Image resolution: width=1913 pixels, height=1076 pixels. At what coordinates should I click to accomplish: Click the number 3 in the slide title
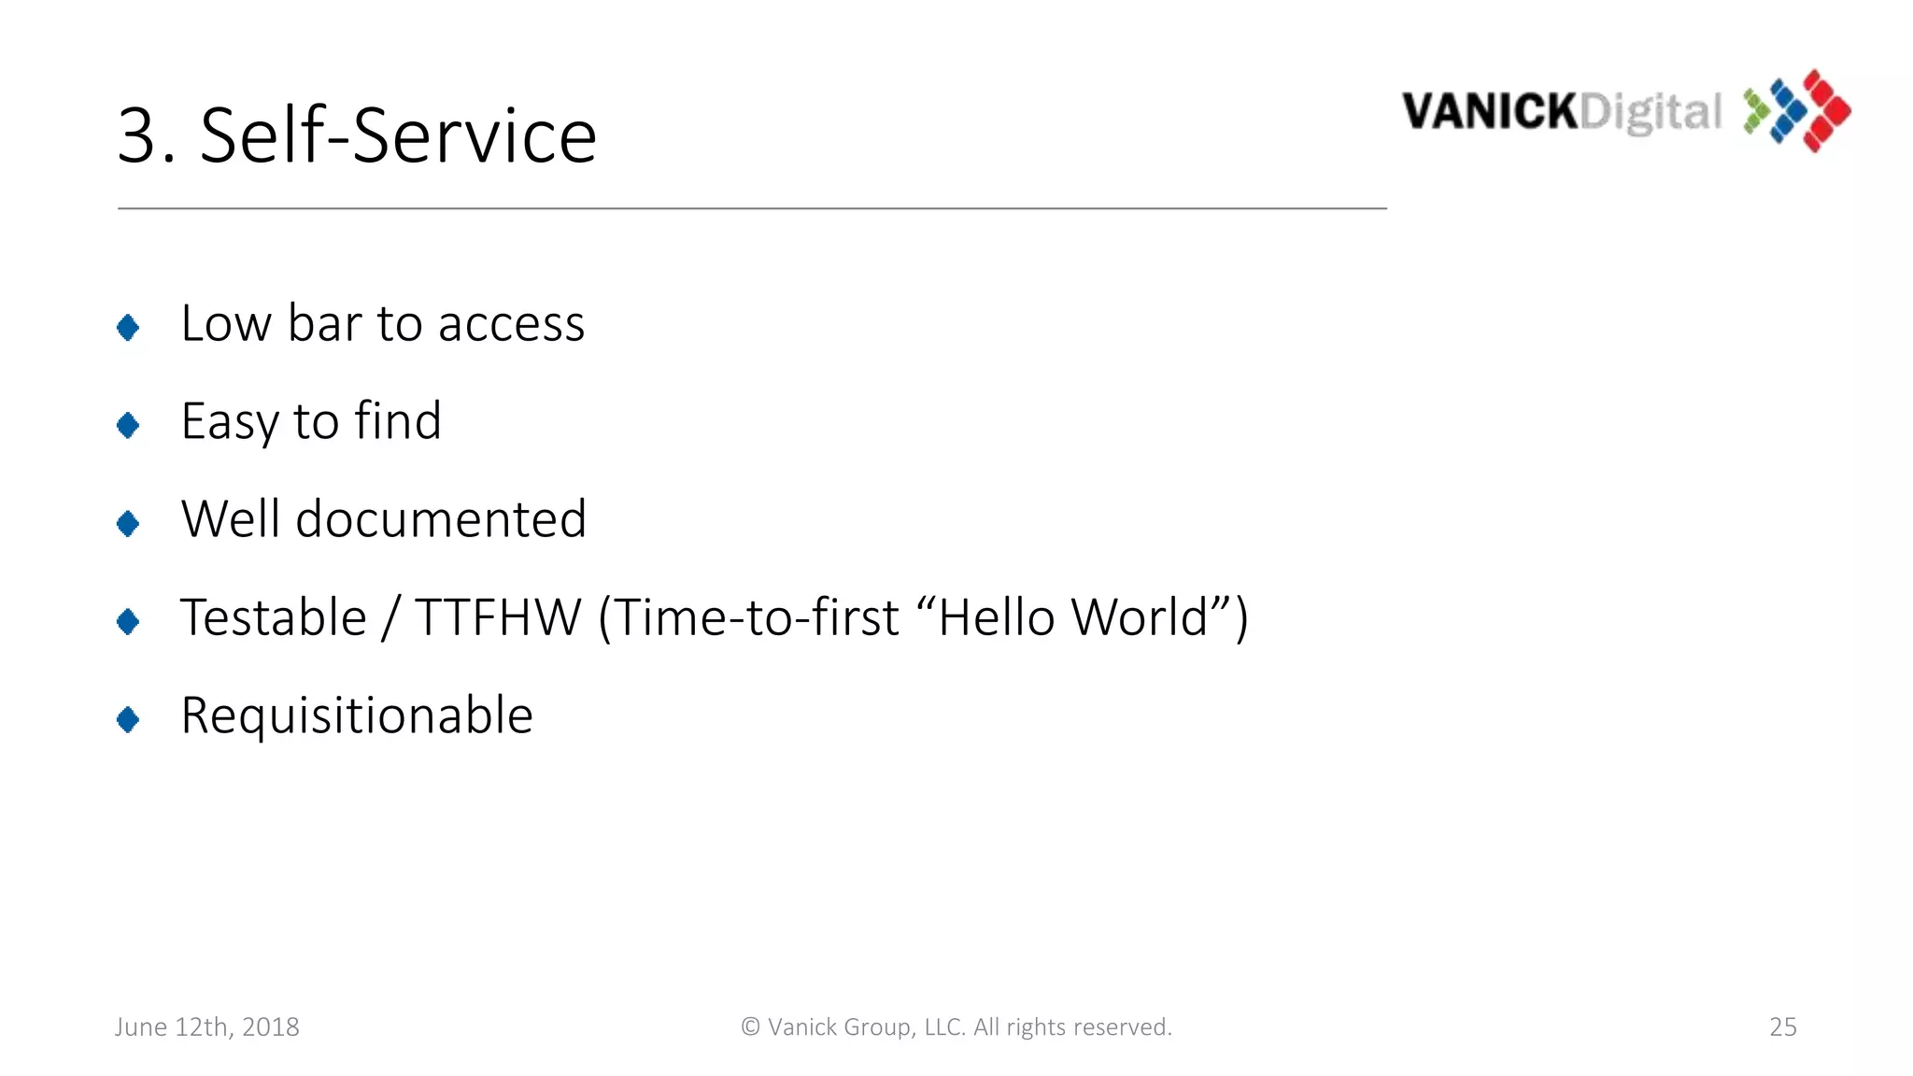140,136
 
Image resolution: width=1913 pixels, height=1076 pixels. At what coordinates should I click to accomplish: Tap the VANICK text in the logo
1489,112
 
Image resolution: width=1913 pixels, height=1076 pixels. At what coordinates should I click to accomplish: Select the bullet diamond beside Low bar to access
128,327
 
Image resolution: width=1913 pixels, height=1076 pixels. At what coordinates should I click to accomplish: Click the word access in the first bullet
511,325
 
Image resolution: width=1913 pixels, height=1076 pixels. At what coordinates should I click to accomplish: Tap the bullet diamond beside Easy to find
128,425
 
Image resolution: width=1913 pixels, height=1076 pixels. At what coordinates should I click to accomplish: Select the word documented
441,519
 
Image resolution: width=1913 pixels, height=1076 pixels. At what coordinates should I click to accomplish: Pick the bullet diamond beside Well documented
128,523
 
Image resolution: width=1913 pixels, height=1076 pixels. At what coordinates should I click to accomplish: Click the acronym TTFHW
498,617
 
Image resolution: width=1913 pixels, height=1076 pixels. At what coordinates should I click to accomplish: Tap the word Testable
274,617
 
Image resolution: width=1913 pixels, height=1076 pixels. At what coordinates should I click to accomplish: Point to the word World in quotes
1140,617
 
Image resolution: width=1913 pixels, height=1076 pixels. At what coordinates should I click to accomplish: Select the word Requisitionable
357,716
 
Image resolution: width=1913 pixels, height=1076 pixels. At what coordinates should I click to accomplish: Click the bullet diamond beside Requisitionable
128,719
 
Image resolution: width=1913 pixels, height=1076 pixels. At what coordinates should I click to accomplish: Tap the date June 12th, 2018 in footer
207,1026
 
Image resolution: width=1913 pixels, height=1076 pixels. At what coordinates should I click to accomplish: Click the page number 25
1782,1026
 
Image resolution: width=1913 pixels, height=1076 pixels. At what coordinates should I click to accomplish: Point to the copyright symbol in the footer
750,1026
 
